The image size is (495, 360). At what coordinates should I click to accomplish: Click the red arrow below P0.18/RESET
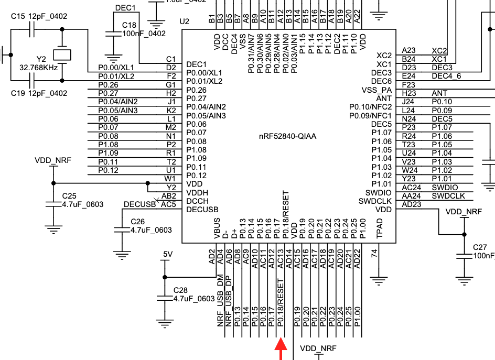[282, 349]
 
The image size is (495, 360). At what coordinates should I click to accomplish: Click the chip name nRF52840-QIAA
[287, 136]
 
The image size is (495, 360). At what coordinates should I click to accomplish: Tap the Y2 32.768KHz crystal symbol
[63, 54]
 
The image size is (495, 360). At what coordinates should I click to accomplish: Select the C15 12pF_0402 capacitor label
[39, 17]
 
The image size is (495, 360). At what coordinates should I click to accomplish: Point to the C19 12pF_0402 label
[39, 93]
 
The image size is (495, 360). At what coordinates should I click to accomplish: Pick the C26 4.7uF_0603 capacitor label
[151, 225]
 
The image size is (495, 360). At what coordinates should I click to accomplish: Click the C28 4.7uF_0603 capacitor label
[194, 294]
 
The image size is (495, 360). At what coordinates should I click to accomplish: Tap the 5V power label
[167, 254]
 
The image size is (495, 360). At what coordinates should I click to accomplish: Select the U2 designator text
[184, 21]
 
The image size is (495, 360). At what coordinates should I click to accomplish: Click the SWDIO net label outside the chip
[445, 187]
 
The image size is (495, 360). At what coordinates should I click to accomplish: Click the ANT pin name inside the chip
[384, 98]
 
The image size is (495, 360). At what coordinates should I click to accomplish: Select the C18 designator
[129, 25]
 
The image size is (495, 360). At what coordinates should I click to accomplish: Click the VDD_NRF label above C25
[53, 160]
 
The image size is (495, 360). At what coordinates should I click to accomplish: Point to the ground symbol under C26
[122, 255]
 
